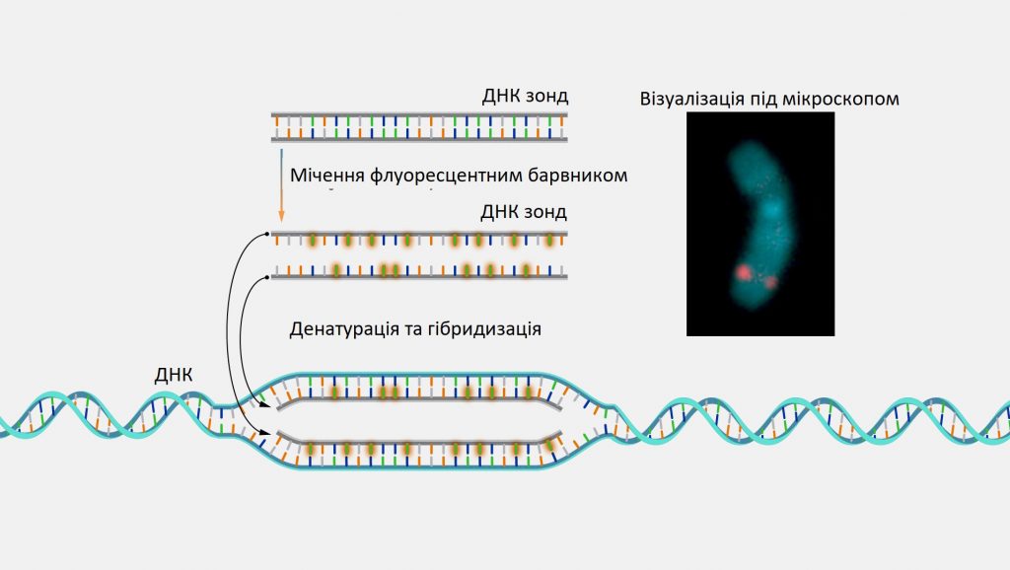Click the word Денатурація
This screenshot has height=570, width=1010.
343,329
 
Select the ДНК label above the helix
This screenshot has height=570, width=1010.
174,375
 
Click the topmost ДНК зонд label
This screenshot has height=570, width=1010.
525,96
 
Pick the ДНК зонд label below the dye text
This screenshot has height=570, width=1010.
524,211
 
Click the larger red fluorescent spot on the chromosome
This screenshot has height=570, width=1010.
744,272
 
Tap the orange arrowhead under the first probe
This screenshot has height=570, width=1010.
281,215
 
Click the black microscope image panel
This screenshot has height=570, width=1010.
760,224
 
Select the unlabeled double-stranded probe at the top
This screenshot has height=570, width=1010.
419,127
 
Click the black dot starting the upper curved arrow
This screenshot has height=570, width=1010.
267,235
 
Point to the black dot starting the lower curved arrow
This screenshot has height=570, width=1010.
267,277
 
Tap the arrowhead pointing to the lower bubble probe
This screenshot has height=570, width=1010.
264,436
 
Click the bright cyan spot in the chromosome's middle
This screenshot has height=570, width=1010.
772,209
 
